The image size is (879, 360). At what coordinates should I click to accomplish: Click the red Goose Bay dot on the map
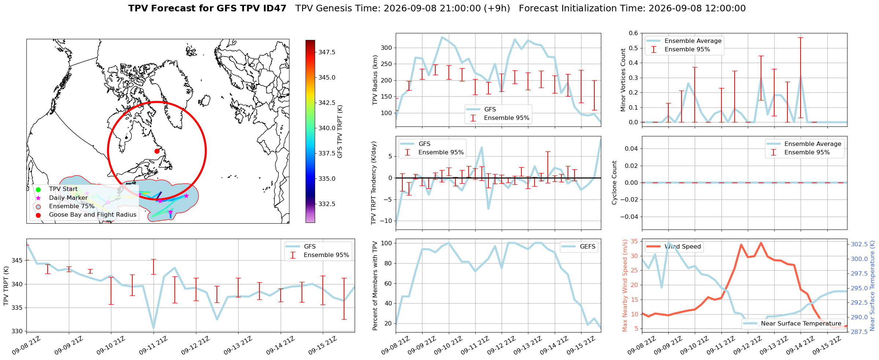coord(157,151)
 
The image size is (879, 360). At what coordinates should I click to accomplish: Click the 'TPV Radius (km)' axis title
coord(375,80)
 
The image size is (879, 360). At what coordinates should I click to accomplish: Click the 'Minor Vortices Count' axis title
coord(623,80)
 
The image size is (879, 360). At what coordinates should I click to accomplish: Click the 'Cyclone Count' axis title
coord(614,183)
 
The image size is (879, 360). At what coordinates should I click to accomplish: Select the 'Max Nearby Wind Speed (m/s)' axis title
coord(625,286)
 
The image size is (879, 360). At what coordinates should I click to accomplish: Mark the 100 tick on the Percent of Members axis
coord(387,243)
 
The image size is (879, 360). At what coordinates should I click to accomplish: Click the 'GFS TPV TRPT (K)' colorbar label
coord(340,132)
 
